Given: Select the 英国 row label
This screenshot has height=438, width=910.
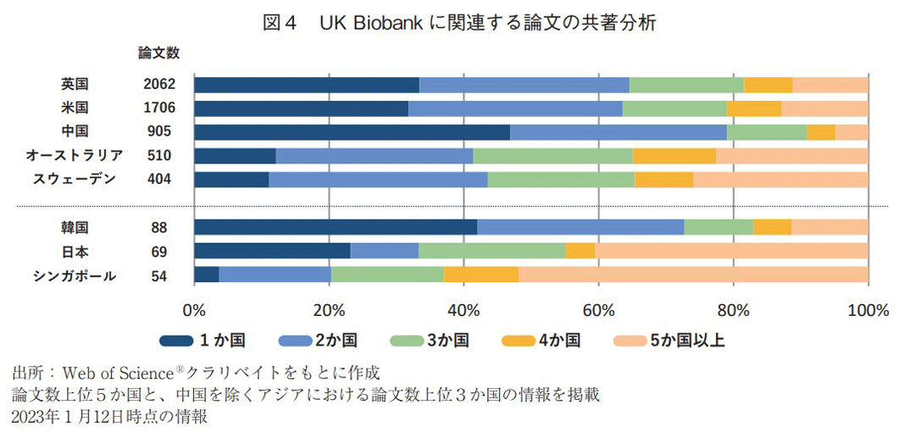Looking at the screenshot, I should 75,85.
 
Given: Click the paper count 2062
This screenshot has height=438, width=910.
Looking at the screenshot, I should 158,85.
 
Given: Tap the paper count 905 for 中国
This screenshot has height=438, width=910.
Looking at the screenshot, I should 158,132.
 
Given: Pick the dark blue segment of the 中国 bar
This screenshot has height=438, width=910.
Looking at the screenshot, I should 352,132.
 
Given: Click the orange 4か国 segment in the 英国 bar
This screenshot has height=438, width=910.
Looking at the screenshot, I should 768,85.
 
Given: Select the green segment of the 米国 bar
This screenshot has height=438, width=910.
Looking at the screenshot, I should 674,108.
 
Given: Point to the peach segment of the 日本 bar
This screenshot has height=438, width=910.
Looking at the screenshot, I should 730,251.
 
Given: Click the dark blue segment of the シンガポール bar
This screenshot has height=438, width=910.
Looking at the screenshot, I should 206,275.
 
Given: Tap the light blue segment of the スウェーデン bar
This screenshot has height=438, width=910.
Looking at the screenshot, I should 378,180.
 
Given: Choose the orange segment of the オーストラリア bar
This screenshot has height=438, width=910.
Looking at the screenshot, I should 674,156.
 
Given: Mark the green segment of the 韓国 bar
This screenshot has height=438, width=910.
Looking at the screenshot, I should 718,227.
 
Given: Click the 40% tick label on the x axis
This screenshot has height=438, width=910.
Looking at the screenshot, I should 463,310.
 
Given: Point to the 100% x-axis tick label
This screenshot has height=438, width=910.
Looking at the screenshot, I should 867,310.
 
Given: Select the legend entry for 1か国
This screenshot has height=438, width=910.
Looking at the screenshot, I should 203,341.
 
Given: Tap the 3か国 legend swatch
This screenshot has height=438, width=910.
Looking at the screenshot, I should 406,341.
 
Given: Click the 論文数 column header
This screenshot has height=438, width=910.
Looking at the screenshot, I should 158,53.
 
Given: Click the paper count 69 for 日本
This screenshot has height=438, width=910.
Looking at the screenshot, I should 158,252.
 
